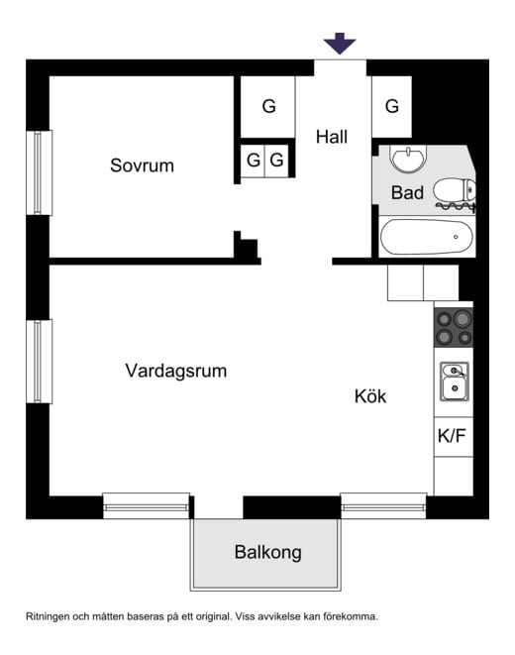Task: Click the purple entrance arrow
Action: [x=340, y=43]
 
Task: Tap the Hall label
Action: [x=332, y=138]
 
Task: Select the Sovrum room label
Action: [x=142, y=165]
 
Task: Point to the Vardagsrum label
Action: [x=176, y=372]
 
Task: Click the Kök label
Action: [x=370, y=396]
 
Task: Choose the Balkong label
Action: [x=267, y=552]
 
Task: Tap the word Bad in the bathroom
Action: [x=407, y=192]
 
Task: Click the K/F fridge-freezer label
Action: [x=452, y=435]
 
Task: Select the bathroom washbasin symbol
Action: [x=406, y=159]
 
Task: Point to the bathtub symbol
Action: [x=427, y=237]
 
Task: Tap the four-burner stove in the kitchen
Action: [x=454, y=327]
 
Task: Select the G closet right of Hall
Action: [x=392, y=106]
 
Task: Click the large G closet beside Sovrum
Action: [x=268, y=106]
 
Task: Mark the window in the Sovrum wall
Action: [x=40, y=171]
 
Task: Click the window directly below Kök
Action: [x=383, y=505]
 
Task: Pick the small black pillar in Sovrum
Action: [x=246, y=246]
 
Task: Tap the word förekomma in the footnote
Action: [x=347, y=616]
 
